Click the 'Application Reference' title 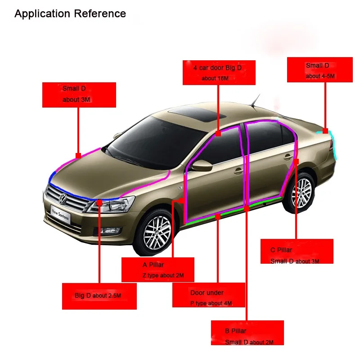[70, 13]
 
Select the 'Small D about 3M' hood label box [79, 94]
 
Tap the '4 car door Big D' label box [219, 72]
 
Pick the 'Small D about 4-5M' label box [319, 70]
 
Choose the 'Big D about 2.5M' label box [99, 296]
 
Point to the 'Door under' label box [208, 298]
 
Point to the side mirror [202, 165]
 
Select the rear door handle [288, 157]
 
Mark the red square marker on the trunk [325, 130]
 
